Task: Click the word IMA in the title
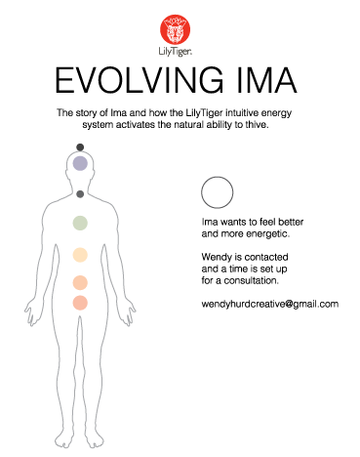point(263,79)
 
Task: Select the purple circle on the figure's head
point(81,163)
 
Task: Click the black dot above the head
point(81,146)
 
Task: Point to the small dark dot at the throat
point(81,194)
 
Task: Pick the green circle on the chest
point(81,224)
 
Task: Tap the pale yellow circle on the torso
point(81,255)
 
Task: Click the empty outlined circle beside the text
point(215,191)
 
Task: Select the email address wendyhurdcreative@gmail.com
point(268,305)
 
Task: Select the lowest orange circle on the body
point(81,302)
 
